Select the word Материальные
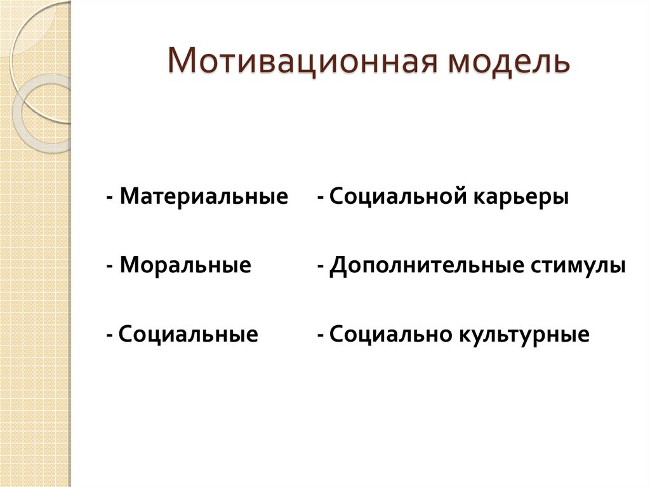click(x=204, y=196)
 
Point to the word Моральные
click(x=185, y=265)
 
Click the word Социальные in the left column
click(x=188, y=334)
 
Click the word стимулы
click(x=577, y=265)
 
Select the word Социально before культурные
click(x=390, y=334)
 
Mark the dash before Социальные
click(x=110, y=335)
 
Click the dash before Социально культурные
click(x=321, y=335)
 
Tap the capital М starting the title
click(x=181, y=64)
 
